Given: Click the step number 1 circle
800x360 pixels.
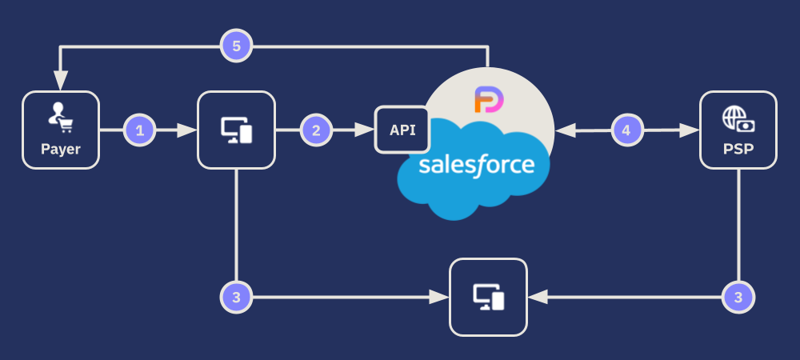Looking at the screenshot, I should coord(140,130).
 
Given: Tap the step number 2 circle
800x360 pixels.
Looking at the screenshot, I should coord(316,130).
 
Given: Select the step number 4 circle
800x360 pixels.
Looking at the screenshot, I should coord(627,130).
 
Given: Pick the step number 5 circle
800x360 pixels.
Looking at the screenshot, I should coord(236,46).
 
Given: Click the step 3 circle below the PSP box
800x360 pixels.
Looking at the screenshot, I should coord(738,297).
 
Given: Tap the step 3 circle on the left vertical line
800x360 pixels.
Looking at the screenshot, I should coord(236,297).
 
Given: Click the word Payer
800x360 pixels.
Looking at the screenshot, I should coord(61,150).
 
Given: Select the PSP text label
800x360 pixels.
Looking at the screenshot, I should coord(738,150).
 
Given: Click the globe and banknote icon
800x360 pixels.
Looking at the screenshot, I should coord(738,119).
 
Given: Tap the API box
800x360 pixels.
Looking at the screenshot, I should coord(402,130).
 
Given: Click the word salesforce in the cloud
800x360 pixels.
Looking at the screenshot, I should coord(476,166).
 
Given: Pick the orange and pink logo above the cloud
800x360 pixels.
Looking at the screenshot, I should coord(487,102).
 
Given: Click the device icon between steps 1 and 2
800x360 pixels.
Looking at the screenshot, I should coord(236,130).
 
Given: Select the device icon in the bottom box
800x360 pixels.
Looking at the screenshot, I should coord(489,297).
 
